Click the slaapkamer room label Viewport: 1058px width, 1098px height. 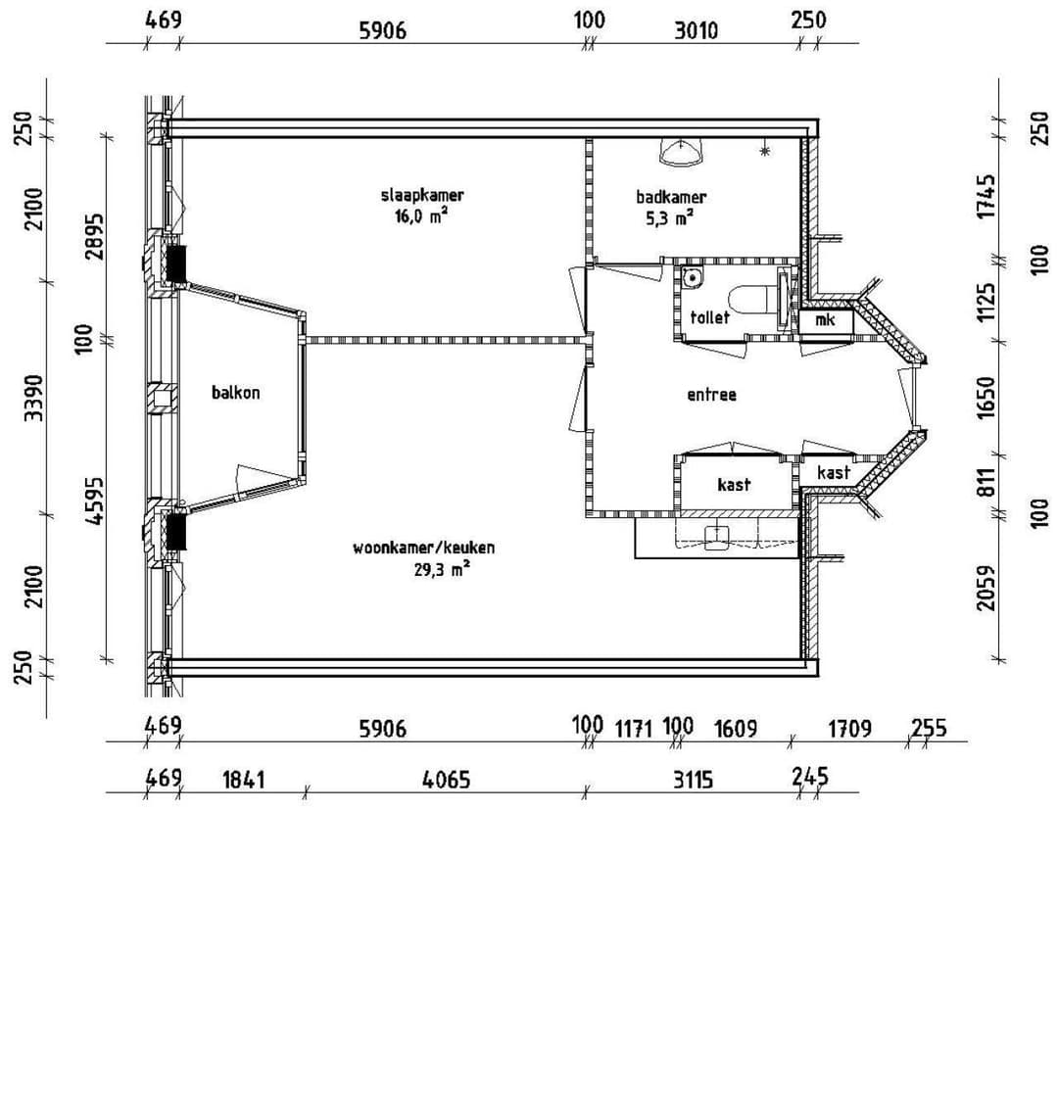click(422, 195)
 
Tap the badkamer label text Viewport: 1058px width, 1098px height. click(670, 197)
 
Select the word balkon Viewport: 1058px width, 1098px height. click(236, 393)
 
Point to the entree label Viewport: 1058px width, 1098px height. click(711, 395)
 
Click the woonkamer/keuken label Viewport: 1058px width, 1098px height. click(423, 548)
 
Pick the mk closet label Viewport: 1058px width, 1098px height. click(824, 319)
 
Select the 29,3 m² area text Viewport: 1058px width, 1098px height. click(441, 569)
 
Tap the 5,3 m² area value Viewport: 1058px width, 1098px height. click(670, 218)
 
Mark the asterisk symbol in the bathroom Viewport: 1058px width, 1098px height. click(764, 150)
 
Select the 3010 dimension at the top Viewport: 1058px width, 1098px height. click(696, 29)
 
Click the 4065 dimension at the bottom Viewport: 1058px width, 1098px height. click(446, 780)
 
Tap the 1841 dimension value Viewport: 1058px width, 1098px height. click(243, 780)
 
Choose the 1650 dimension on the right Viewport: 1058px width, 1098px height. click(986, 396)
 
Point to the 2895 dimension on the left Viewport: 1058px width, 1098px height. click(94, 236)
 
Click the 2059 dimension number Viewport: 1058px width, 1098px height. click(986, 586)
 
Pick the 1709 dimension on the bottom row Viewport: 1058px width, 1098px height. click(849, 728)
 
